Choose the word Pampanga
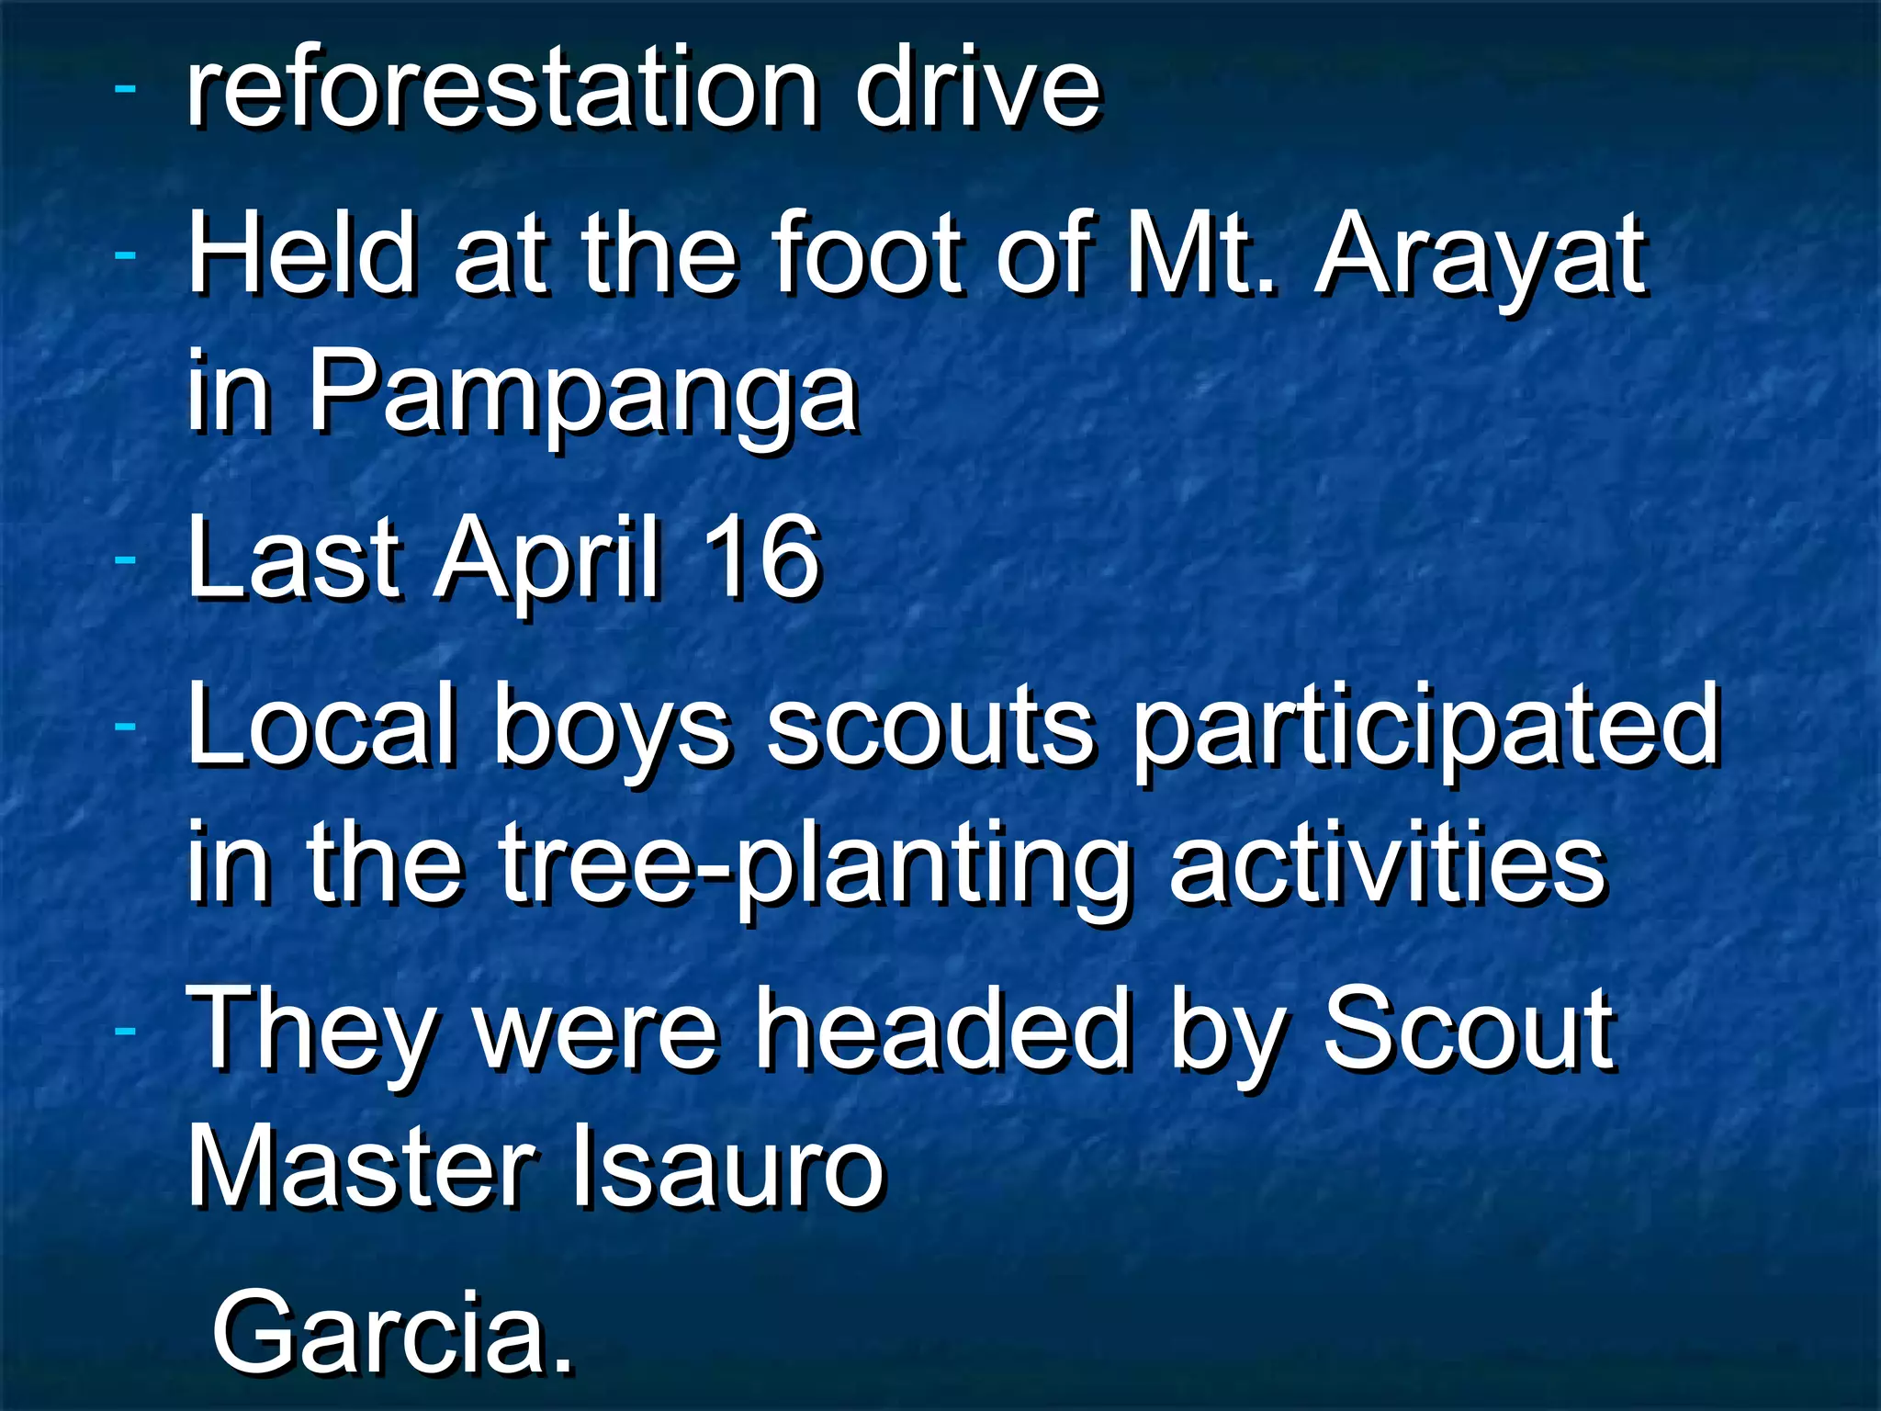coord(582,395)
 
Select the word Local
coord(321,726)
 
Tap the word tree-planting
coord(813,868)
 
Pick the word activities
coord(1387,864)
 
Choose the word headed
coord(941,1029)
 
